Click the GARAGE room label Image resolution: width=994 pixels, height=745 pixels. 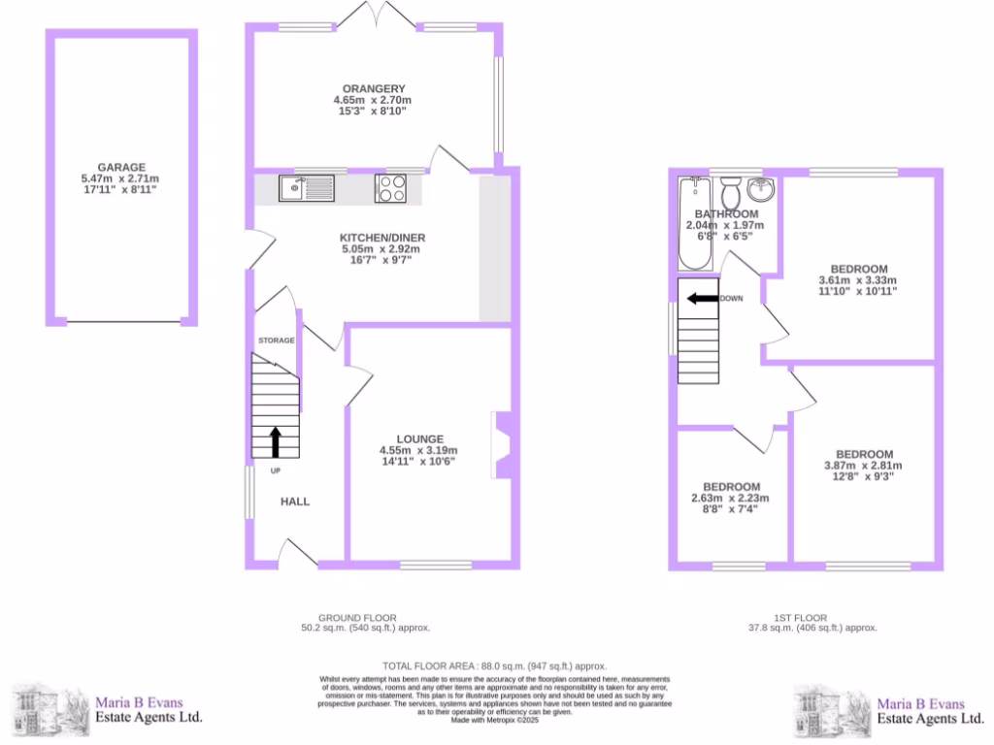120,167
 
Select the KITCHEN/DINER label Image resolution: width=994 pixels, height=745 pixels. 382,238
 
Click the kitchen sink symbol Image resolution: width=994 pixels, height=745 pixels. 305,187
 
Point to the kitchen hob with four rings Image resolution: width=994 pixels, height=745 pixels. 390,187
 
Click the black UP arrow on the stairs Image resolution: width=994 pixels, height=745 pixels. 275,441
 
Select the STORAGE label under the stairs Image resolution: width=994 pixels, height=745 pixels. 276,340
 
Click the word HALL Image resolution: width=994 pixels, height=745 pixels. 295,502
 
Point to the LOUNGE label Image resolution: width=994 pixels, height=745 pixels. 418,438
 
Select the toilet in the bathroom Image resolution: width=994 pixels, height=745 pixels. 733,186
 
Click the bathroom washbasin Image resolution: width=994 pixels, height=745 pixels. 762,186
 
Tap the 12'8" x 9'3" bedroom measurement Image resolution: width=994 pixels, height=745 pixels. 864,476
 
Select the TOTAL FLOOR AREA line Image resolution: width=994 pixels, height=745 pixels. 495,665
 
